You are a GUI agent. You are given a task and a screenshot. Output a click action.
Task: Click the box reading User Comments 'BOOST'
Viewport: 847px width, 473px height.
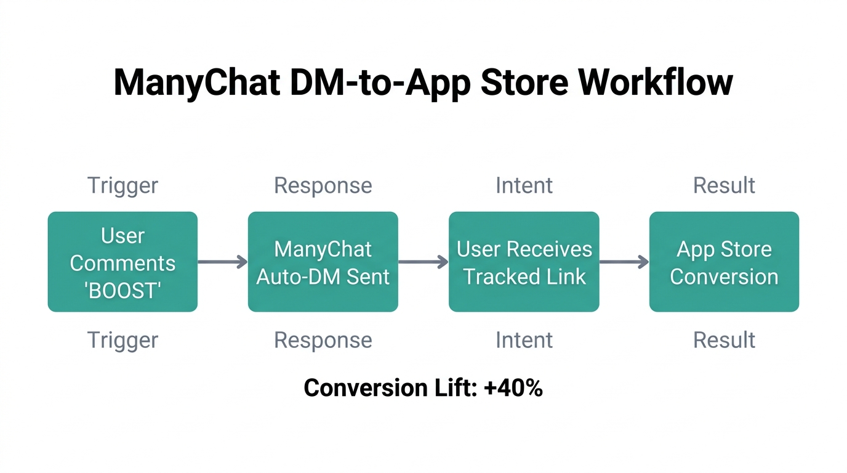122,262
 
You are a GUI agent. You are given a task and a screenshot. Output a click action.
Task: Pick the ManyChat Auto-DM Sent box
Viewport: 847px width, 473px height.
323,262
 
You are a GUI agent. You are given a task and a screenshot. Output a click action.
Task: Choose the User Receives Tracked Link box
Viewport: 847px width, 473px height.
524,262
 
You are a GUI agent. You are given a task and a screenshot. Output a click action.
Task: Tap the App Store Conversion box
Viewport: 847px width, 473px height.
724,262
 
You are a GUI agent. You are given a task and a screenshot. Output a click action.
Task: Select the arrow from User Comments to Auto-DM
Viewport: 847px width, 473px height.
222,262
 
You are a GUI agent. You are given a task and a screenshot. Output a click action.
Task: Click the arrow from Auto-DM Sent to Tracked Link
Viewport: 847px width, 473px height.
423,262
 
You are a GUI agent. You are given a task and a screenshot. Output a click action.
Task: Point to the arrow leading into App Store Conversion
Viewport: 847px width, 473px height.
624,262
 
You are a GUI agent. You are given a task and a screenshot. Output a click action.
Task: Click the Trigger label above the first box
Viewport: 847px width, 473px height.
122,185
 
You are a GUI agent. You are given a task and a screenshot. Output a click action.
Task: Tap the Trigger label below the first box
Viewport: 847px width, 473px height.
122,340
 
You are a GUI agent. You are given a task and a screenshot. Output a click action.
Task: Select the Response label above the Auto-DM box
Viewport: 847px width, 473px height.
323,185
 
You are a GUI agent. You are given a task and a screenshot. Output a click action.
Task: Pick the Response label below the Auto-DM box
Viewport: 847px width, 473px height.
323,340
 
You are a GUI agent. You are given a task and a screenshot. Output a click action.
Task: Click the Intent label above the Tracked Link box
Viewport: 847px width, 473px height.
524,185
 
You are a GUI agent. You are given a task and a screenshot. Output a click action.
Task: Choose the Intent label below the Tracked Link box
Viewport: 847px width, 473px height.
524,340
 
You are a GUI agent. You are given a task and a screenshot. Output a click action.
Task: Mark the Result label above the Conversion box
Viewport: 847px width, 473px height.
724,185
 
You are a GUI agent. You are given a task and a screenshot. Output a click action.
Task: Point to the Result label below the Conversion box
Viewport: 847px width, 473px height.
724,340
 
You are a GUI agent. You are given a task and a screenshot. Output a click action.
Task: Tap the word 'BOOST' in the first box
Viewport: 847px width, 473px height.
122,290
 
